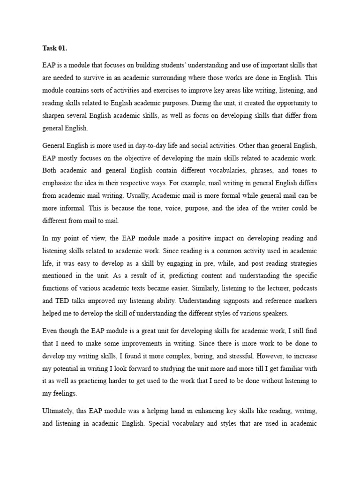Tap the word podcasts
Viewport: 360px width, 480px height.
pos(304,288)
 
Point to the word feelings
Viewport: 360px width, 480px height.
pos(65,393)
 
